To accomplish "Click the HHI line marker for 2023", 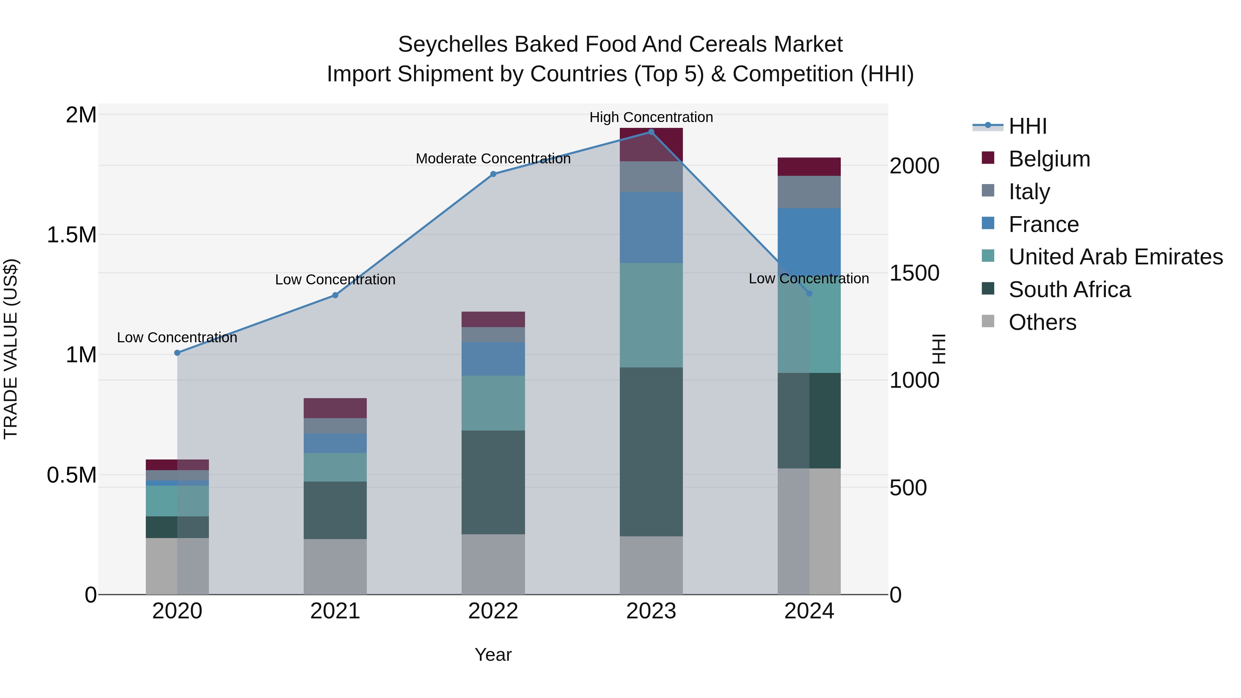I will [x=651, y=132].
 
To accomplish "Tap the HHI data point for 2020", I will [x=177, y=353].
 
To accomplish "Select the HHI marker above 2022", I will [x=493, y=174].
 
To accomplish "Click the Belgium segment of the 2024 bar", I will [x=809, y=167].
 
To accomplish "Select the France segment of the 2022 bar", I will [x=493, y=359].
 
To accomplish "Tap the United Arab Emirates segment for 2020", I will [x=177, y=500].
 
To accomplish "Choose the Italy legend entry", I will [x=1029, y=192].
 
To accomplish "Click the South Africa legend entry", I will [x=1069, y=290].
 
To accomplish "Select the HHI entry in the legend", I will [x=1027, y=126].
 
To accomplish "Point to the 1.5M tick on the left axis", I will [x=71, y=235].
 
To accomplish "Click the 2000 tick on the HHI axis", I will [x=914, y=166].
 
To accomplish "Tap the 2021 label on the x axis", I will [x=335, y=611].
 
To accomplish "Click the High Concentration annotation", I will [x=651, y=117].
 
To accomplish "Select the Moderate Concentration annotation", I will [x=493, y=159].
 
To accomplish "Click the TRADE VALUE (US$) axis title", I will [x=11, y=349].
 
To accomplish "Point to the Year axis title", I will [x=493, y=655].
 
